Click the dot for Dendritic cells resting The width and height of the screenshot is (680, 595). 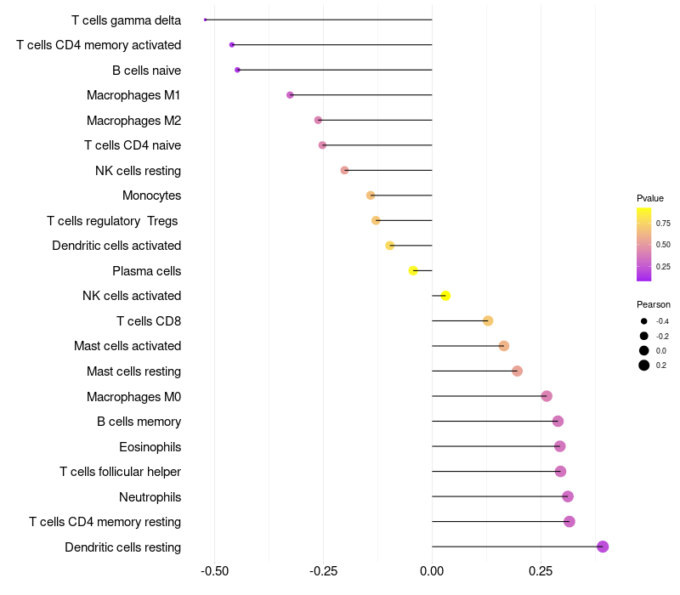point(603,547)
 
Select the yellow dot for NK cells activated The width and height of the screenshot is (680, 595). point(445,296)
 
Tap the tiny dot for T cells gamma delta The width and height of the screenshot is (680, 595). point(206,20)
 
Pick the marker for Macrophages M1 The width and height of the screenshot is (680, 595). point(290,95)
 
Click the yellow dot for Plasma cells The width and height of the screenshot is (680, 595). point(413,270)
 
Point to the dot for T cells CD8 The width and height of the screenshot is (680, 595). point(488,320)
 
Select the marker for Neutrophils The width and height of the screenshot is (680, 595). point(568,496)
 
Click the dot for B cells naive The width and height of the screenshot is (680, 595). point(237,70)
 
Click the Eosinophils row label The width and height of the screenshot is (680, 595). point(150,446)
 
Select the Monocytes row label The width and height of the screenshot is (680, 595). point(151,195)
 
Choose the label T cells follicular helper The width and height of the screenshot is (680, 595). point(120,472)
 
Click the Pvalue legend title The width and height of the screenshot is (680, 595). point(650,198)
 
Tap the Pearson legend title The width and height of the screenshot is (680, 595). point(653,304)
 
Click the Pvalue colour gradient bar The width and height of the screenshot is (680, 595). point(644,244)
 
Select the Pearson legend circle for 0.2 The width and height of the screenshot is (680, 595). point(644,365)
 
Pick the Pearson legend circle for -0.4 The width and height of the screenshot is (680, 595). point(644,321)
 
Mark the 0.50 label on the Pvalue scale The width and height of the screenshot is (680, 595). point(663,245)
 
